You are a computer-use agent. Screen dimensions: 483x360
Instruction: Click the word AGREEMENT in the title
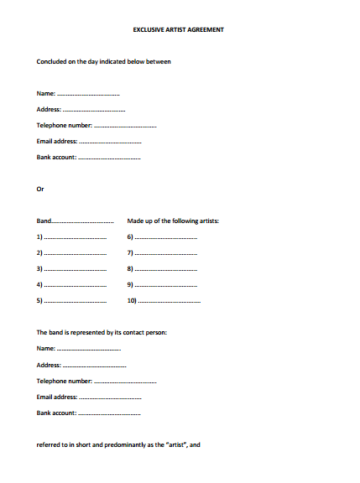coord(206,29)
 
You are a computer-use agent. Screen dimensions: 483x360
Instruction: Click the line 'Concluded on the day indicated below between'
coord(104,61)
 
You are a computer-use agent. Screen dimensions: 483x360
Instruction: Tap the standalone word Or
coord(39,189)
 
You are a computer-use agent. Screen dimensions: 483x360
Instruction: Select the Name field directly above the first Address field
coord(78,93)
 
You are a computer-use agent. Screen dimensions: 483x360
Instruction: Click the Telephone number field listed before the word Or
coord(97,125)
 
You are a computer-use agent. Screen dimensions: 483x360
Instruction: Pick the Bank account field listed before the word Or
coord(88,157)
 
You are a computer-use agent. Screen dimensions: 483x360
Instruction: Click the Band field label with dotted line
coord(75,221)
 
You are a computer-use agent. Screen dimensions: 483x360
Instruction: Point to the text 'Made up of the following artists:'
coord(173,221)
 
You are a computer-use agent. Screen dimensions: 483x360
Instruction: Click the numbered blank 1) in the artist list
coord(71,236)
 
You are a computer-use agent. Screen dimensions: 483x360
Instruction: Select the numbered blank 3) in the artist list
coord(71,268)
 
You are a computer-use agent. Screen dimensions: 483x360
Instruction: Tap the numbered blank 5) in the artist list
coord(71,300)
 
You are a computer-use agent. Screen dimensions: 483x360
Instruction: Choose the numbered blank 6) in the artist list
coord(162,236)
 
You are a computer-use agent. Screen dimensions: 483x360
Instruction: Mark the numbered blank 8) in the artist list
coord(162,268)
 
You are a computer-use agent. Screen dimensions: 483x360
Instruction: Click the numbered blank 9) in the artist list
coord(162,284)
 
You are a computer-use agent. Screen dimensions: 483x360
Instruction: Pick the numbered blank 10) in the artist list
coord(164,300)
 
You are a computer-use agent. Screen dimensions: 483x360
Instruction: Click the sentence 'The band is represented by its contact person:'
coord(102,332)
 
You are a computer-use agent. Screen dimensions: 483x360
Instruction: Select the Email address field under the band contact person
coord(89,397)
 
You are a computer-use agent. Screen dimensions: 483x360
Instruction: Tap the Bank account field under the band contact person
coord(88,413)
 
